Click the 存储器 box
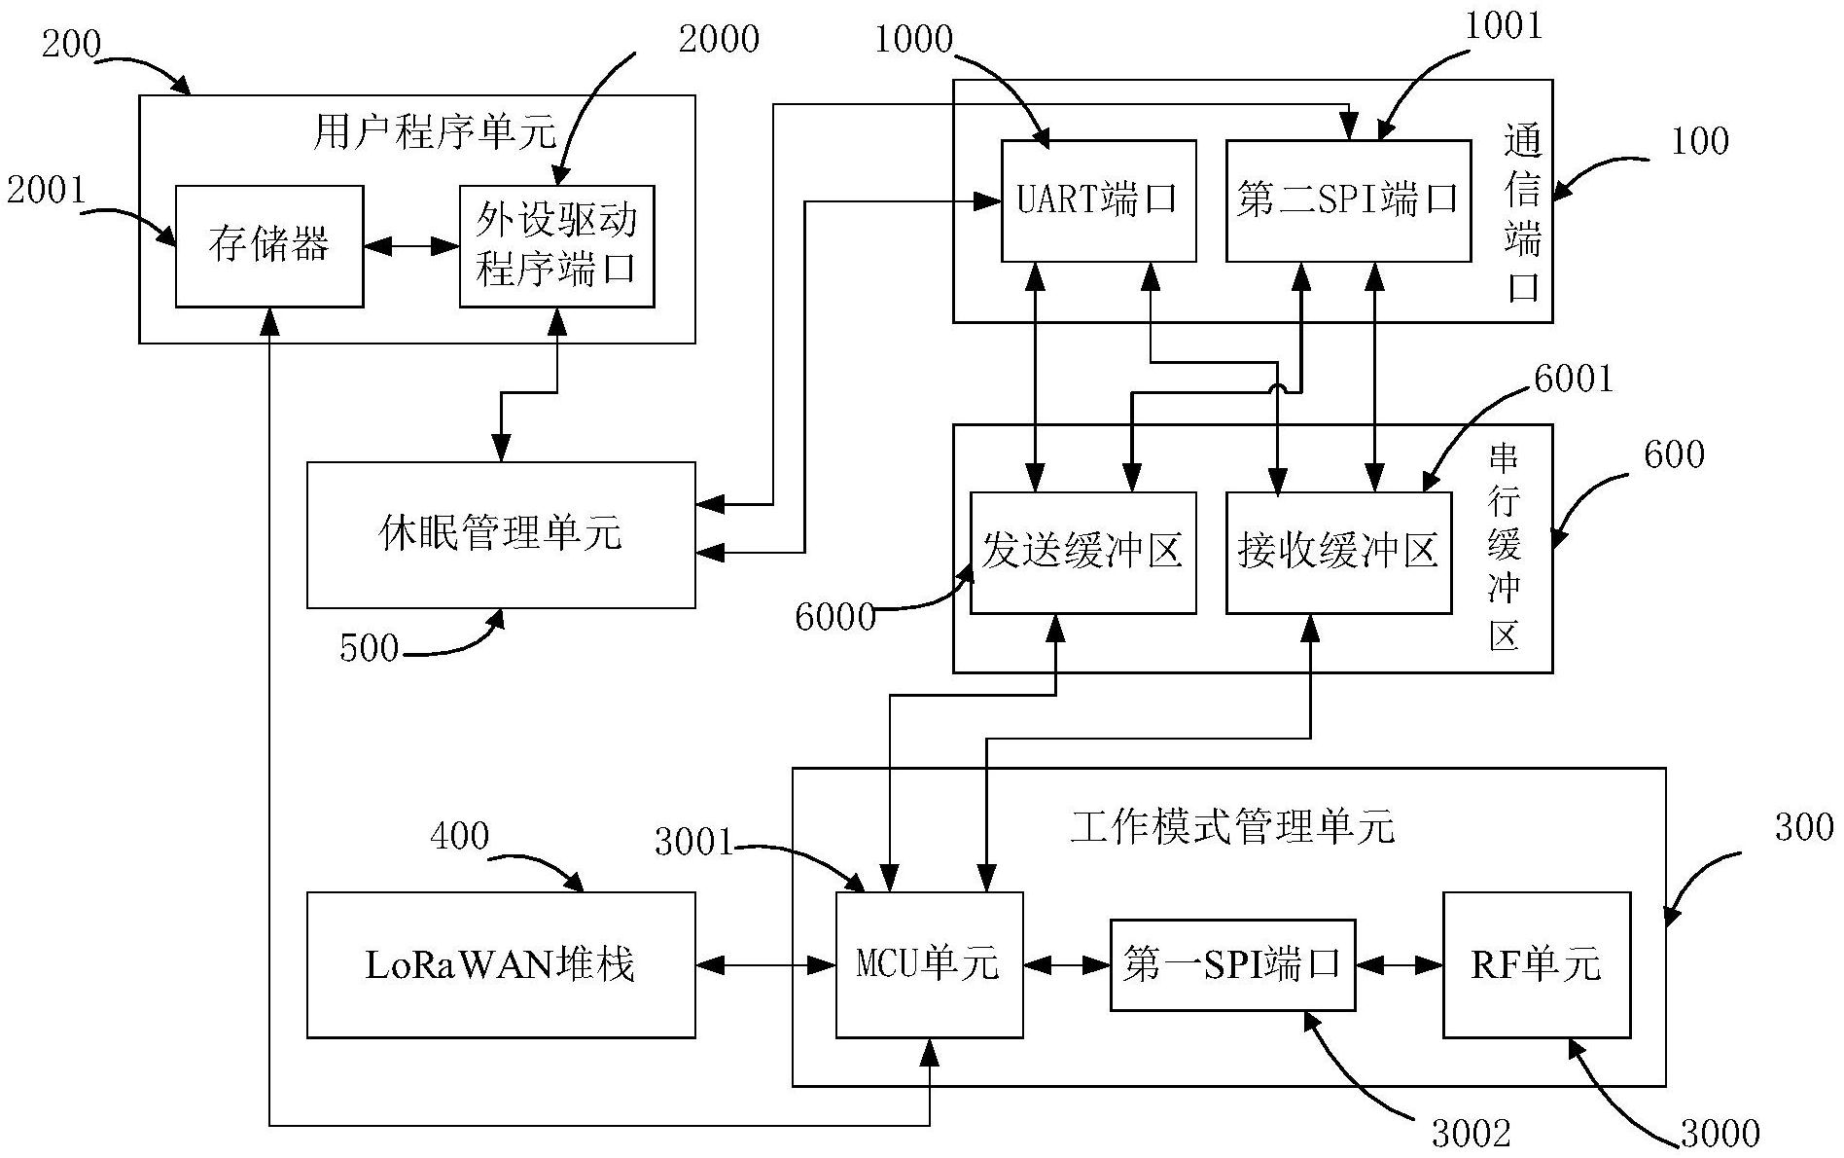[269, 246]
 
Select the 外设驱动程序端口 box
[556, 246]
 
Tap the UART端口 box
[1098, 200]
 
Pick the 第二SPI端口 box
[1347, 200]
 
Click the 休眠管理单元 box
[501, 534]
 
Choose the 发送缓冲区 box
[1082, 552]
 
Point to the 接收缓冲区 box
[1337, 552]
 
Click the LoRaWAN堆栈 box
[501, 964]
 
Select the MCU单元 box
[929, 964]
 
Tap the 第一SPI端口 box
[1232, 964]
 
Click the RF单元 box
[1536, 964]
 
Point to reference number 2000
[718, 40]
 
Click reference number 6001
[1573, 379]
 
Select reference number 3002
[1471, 1133]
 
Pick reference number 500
[369, 648]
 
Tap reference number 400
[459, 836]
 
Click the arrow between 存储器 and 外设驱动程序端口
[411, 246]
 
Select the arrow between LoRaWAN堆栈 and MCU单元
[765, 964]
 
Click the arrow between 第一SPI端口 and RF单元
[1399, 964]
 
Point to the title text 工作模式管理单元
[1232, 828]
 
